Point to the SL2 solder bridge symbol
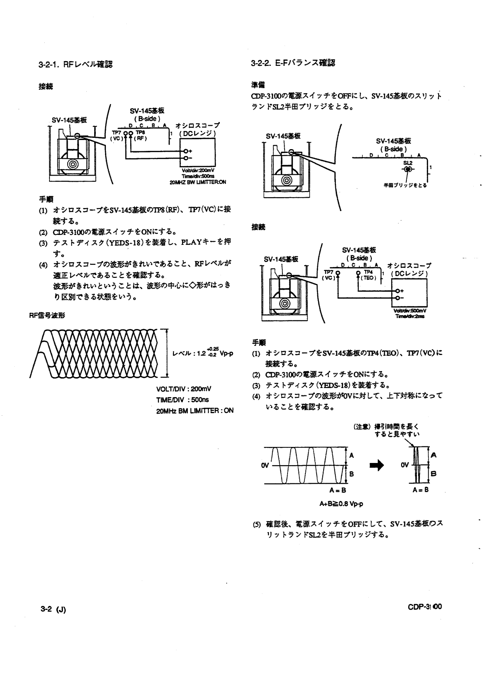click(407, 169)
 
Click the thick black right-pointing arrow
click(376, 465)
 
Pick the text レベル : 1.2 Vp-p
click(203, 352)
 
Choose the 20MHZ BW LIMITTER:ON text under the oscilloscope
click(197, 182)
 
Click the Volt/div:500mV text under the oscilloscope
click(410, 310)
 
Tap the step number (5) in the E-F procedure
click(256, 524)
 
